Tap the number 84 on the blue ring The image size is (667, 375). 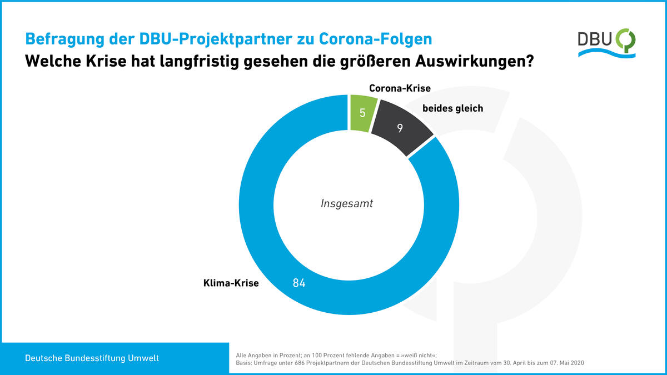[x=299, y=283]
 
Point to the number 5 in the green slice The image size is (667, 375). [x=362, y=113]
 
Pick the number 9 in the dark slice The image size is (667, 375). [x=400, y=128]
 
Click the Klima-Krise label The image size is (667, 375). [x=231, y=283]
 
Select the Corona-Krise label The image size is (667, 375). [x=400, y=88]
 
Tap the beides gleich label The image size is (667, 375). [x=452, y=108]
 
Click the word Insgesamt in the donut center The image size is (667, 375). [x=347, y=203]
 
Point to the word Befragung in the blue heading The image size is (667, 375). [x=64, y=39]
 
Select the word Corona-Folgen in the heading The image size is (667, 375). [x=376, y=39]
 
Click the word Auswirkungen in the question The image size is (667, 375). [x=474, y=61]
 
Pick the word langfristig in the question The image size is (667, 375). [x=199, y=61]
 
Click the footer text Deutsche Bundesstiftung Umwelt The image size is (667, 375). [x=92, y=358]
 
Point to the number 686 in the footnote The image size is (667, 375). [x=299, y=363]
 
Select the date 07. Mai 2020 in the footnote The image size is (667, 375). [x=567, y=363]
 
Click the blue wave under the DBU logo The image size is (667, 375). [x=607, y=53]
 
